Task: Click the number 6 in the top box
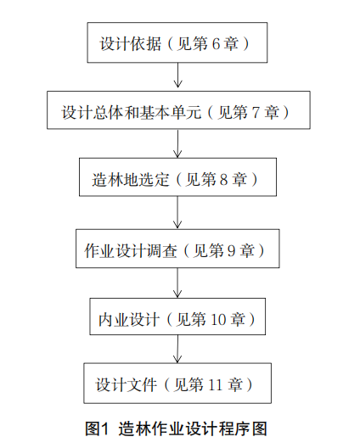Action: point(216,44)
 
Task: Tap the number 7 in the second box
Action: point(256,112)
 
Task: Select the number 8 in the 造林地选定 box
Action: point(224,179)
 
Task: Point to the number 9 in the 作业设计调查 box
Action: point(231,250)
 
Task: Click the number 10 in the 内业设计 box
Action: point(218,319)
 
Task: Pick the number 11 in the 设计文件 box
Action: point(215,384)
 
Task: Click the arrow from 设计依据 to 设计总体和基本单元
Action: point(177,76)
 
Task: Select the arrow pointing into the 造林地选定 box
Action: point(177,143)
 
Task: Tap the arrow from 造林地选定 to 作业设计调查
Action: point(177,212)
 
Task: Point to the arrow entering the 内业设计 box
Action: point(177,283)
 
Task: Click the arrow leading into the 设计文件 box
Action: point(177,349)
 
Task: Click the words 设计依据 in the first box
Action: point(131,44)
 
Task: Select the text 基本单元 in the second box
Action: point(171,112)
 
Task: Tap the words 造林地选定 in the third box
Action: point(131,179)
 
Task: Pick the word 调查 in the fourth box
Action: point(162,250)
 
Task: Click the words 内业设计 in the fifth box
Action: point(129,319)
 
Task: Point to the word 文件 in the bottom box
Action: point(142,384)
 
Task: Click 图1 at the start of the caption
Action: point(98,428)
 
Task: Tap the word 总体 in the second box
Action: point(109,112)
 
